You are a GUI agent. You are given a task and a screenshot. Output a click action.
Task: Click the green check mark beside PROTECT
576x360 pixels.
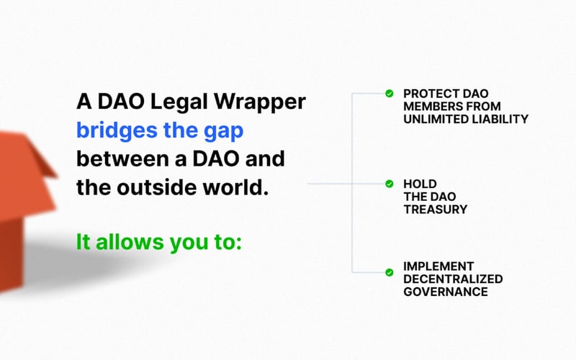coord(389,93)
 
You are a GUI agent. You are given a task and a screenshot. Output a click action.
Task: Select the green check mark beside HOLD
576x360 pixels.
coord(389,184)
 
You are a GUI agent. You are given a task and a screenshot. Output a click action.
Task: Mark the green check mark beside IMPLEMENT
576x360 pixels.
coord(389,271)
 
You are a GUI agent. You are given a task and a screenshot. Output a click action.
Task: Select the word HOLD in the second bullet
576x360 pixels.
coord(418,184)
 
